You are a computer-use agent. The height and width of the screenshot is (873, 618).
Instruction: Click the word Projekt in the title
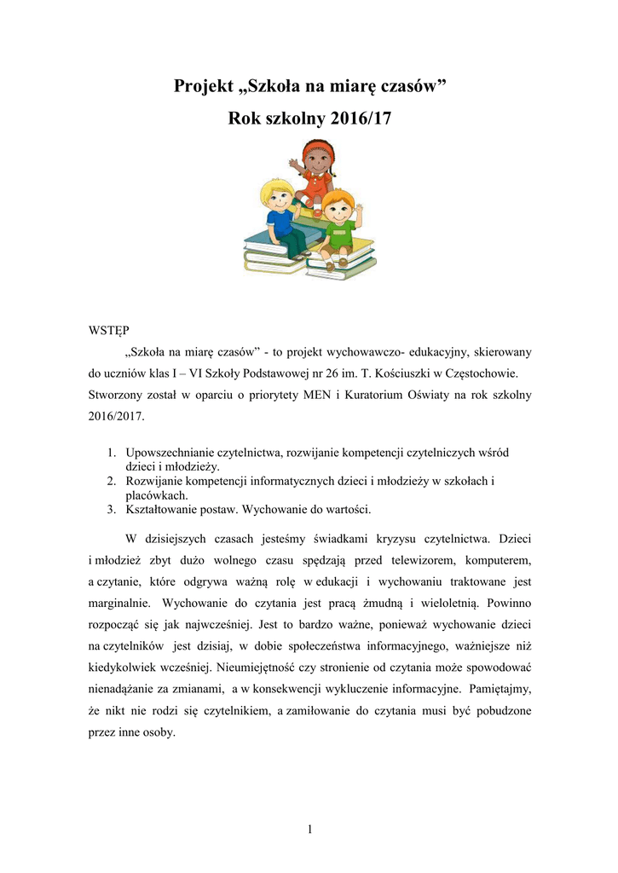pos(205,86)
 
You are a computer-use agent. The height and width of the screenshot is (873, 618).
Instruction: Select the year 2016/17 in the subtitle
pos(359,119)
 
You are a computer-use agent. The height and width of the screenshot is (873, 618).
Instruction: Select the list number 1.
pos(112,452)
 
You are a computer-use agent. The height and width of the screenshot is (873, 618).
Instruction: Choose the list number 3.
pos(112,510)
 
